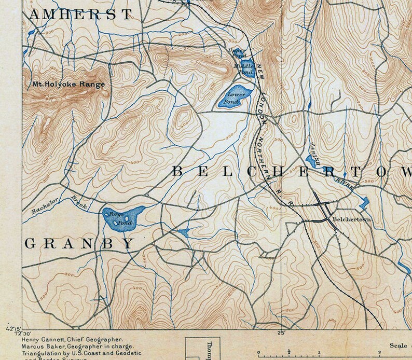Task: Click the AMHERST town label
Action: point(77,14)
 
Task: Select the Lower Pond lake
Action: point(234,98)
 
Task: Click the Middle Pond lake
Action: point(247,67)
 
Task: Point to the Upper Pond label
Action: point(237,52)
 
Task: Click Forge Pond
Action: point(123,217)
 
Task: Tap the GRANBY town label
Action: point(79,243)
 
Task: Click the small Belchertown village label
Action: point(353,219)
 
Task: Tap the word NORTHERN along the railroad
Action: point(266,150)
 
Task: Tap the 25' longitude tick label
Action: point(282,333)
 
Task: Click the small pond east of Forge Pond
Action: point(183,232)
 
